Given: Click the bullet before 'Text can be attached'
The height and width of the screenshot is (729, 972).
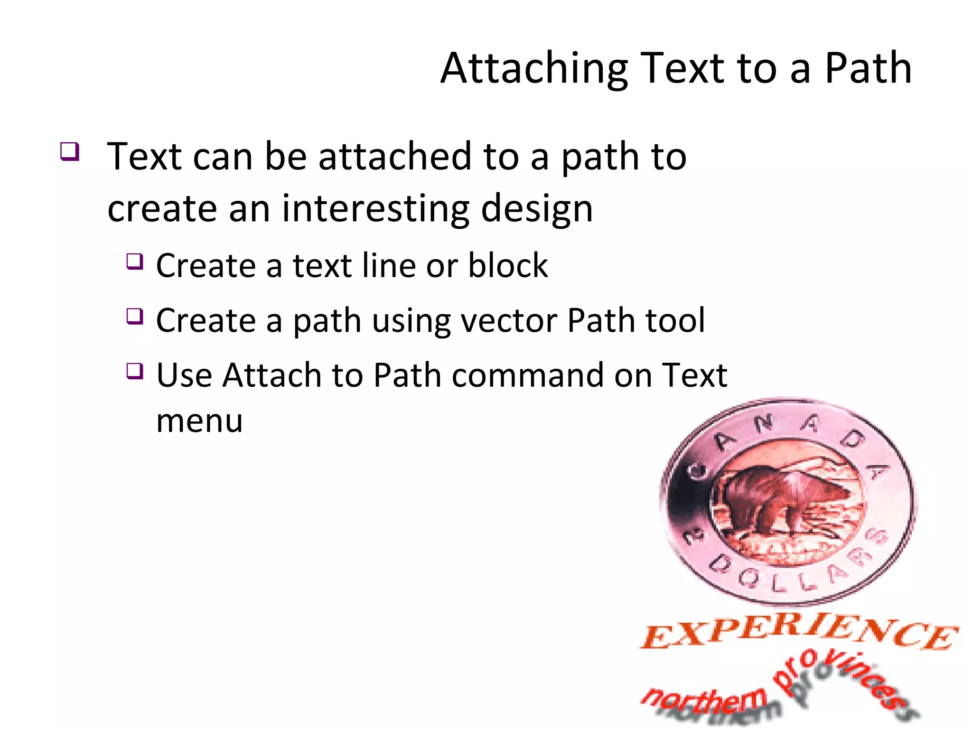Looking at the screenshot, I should tap(70, 152).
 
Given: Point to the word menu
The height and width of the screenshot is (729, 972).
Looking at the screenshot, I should tap(199, 421).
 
